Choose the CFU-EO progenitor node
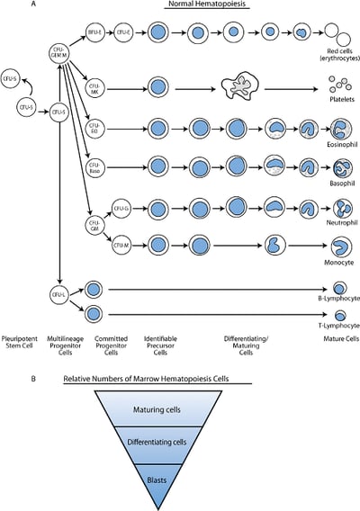click(95, 128)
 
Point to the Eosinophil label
click(340, 143)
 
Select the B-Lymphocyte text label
click(338, 296)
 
